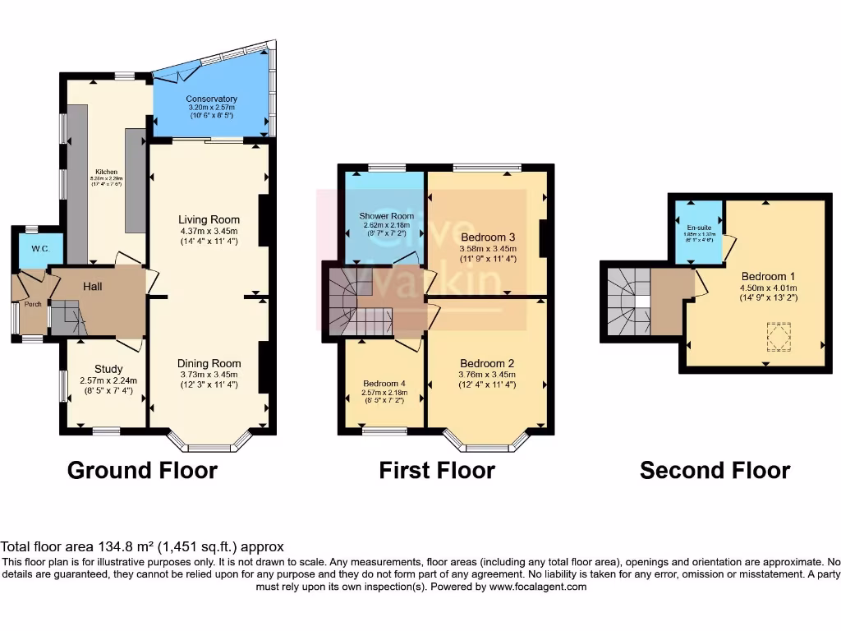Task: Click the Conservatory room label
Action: pyautogui.click(x=211, y=99)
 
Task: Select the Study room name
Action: pyautogui.click(x=108, y=369)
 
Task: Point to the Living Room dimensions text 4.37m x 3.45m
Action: pyautogui.click(x=209, y=232)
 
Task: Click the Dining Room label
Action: pyautogui.click(x=209, y=363)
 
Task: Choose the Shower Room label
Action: pyautogui.click(x=384, y=216)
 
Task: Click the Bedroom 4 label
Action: pyautogui.click(x=384, y=383)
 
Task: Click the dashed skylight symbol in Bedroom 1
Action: pyautogui.click(x=776, y=335)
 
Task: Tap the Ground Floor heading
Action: pyautogui.click(x=142, y=470)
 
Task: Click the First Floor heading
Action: pyautogui.click(x=437, y=470)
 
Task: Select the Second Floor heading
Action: pyautogui.click(x=715, y=470)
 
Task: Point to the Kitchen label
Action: pyautogui.click(x=107, y=172)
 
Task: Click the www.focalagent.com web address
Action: pyautogui.click(x=533, y=587)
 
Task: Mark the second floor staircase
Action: pyautogui.click(x=629, y=301)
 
